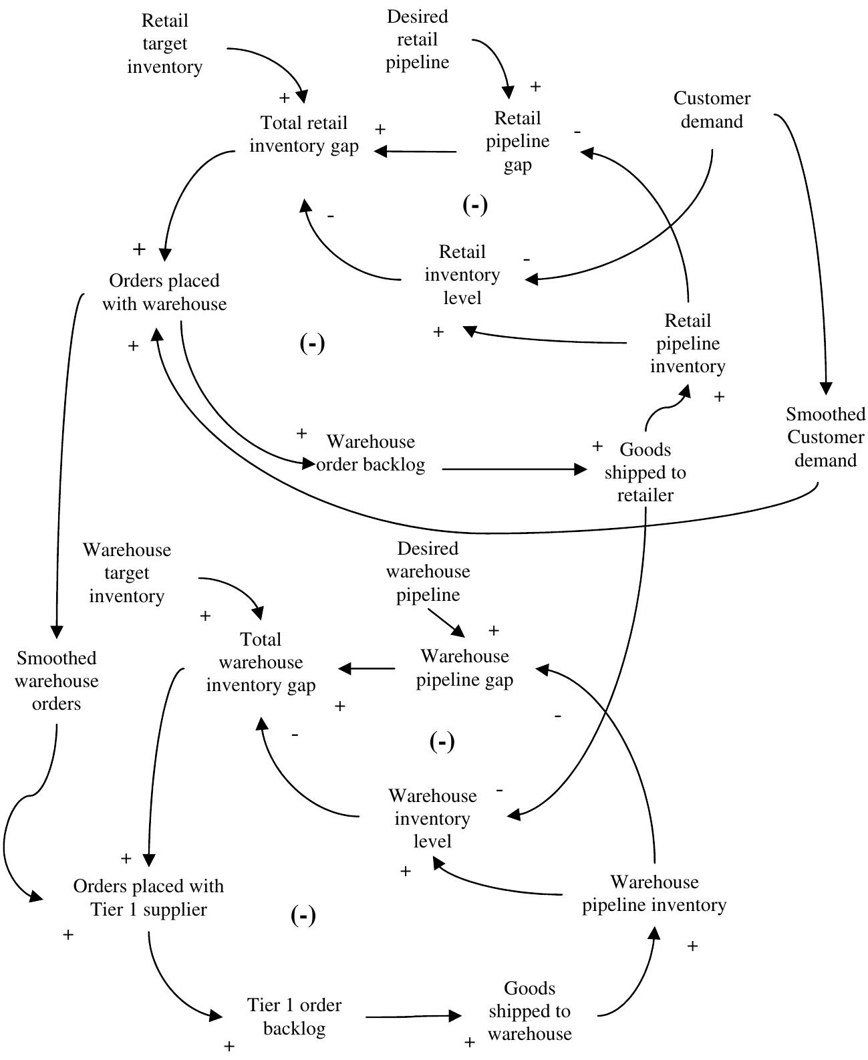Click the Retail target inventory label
click(164, 44)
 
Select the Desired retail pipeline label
click(418, 39)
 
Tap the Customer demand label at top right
click(711, 110)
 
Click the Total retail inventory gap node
click(304, 134)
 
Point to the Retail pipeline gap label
click(517, 141)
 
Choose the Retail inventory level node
click(462, 275)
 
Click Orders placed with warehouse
click(164, 292)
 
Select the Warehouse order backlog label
click(370, 453)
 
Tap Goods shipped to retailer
click(645, 473)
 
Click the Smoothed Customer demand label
click(825, 438)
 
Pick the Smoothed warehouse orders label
click(57, 681)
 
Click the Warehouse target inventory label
click(127, 573)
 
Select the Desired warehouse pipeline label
click(428, 571)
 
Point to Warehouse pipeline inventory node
click(654, 894)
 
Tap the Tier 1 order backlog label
click(294, 1016)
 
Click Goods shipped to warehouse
click(529, 1011)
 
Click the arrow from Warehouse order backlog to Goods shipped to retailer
click(511, 469)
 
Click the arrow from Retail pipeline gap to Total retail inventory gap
click(414, 152)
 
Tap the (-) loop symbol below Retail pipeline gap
click(475, 205)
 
